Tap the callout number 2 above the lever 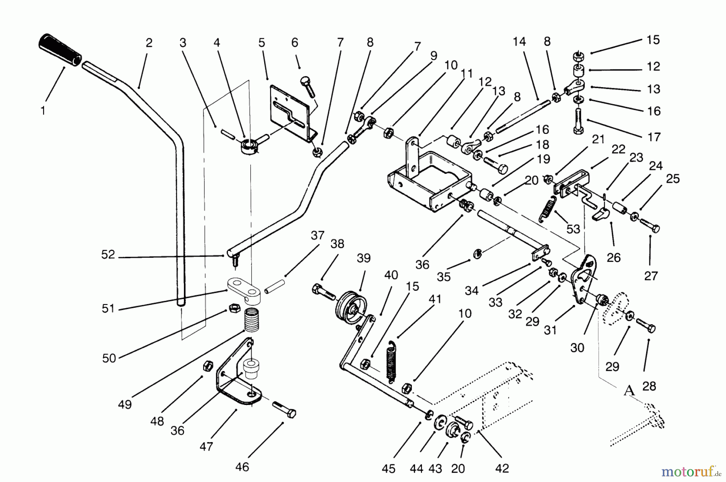pyautogui.click(x=149, y=43)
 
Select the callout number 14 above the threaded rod pyautogui.click(x=519, y=42)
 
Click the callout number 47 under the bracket pyautogui.click(x=206, y=447)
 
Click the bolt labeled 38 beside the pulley pyautogui.click(x=323, y=292)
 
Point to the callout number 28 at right pyautogui.click(x=649, y=386)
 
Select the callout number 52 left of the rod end pyautogui.click(x=108, y=255)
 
